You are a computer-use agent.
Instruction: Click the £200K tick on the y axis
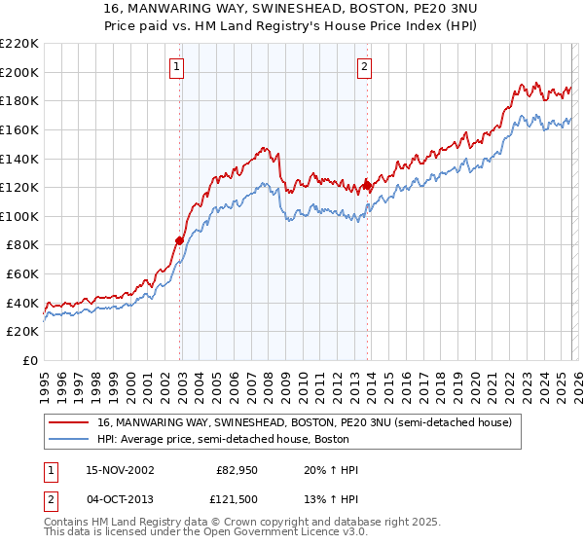click(x=21, y=72)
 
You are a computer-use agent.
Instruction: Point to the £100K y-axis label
click(x=21, y=216)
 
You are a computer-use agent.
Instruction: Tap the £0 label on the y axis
click(x=31, y=360)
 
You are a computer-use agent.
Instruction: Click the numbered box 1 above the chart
click(x=177, y=67)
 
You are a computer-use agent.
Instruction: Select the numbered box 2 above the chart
click(x=364, y=67)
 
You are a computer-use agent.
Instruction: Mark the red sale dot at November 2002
click(x=180, y=240)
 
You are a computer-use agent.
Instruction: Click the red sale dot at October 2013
click(x=367, y=185)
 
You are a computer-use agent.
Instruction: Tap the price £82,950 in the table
click(x=237, y=471)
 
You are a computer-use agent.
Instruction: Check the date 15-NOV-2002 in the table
click(x=119, y=471)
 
